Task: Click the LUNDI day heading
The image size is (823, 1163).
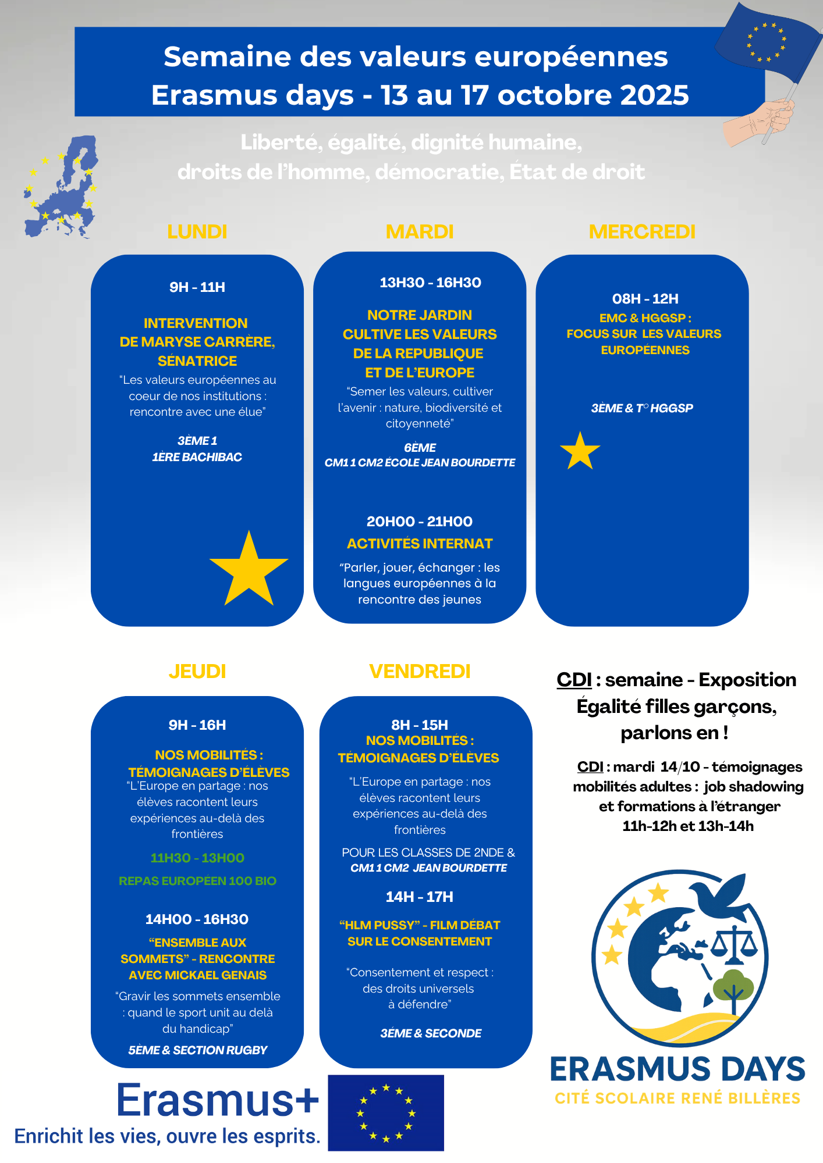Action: coord(197,231)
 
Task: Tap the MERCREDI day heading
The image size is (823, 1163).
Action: coord(642,231)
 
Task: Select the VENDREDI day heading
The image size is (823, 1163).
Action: coord(420,671)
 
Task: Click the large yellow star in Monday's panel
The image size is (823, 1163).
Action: coord(249,570)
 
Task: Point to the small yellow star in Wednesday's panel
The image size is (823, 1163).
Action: coord(580,451)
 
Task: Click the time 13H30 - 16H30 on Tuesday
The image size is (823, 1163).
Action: coord(430,283)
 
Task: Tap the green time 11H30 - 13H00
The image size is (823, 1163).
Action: coord(197,858)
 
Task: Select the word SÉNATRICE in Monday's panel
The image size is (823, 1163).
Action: coord(197,361)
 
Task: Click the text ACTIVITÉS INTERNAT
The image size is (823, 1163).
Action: coord(420,544)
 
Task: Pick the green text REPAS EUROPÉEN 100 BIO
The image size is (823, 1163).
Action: coord(197,881)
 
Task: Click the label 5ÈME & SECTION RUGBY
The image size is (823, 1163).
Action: coord(197,1050)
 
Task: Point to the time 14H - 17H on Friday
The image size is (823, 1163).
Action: coord(419,897)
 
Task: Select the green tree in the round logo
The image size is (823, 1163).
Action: coord(733,989)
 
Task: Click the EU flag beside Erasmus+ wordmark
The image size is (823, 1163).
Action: coord(386,1112)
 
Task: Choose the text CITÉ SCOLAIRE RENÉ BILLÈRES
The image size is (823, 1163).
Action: coord(677,1098)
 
